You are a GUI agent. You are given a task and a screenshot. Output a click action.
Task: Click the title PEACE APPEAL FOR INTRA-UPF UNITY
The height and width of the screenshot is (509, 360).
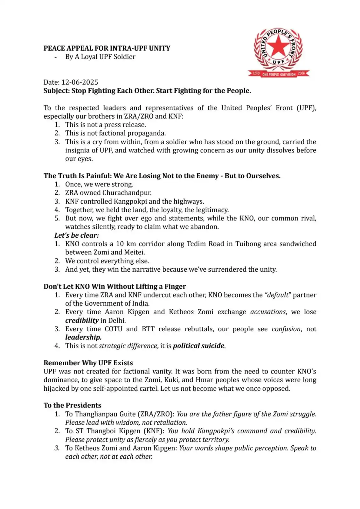(x=107, y=48)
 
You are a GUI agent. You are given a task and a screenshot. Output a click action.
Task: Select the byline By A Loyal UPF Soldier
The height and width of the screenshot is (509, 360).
(x=100, y=57)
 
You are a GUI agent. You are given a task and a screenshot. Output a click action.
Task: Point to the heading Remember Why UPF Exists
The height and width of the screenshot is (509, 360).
(x=88, y=363)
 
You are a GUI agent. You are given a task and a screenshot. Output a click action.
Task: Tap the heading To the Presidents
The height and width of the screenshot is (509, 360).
(x=72, y=405)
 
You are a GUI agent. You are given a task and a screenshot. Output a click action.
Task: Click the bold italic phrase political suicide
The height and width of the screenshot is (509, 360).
(x=198, y=346)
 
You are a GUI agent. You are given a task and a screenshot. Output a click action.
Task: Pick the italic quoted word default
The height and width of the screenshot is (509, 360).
(x=277, y=295)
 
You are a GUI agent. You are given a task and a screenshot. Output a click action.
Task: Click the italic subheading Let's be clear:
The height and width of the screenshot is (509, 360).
(x=76, y=235)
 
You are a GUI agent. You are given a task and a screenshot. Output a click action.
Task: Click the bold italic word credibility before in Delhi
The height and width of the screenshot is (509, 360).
(x=82, y=320)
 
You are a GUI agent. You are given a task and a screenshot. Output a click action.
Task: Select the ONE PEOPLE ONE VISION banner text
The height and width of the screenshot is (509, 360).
(x=279, y=74)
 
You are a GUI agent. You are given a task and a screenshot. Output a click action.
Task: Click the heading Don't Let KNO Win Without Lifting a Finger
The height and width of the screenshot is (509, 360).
(x=114, y=286)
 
